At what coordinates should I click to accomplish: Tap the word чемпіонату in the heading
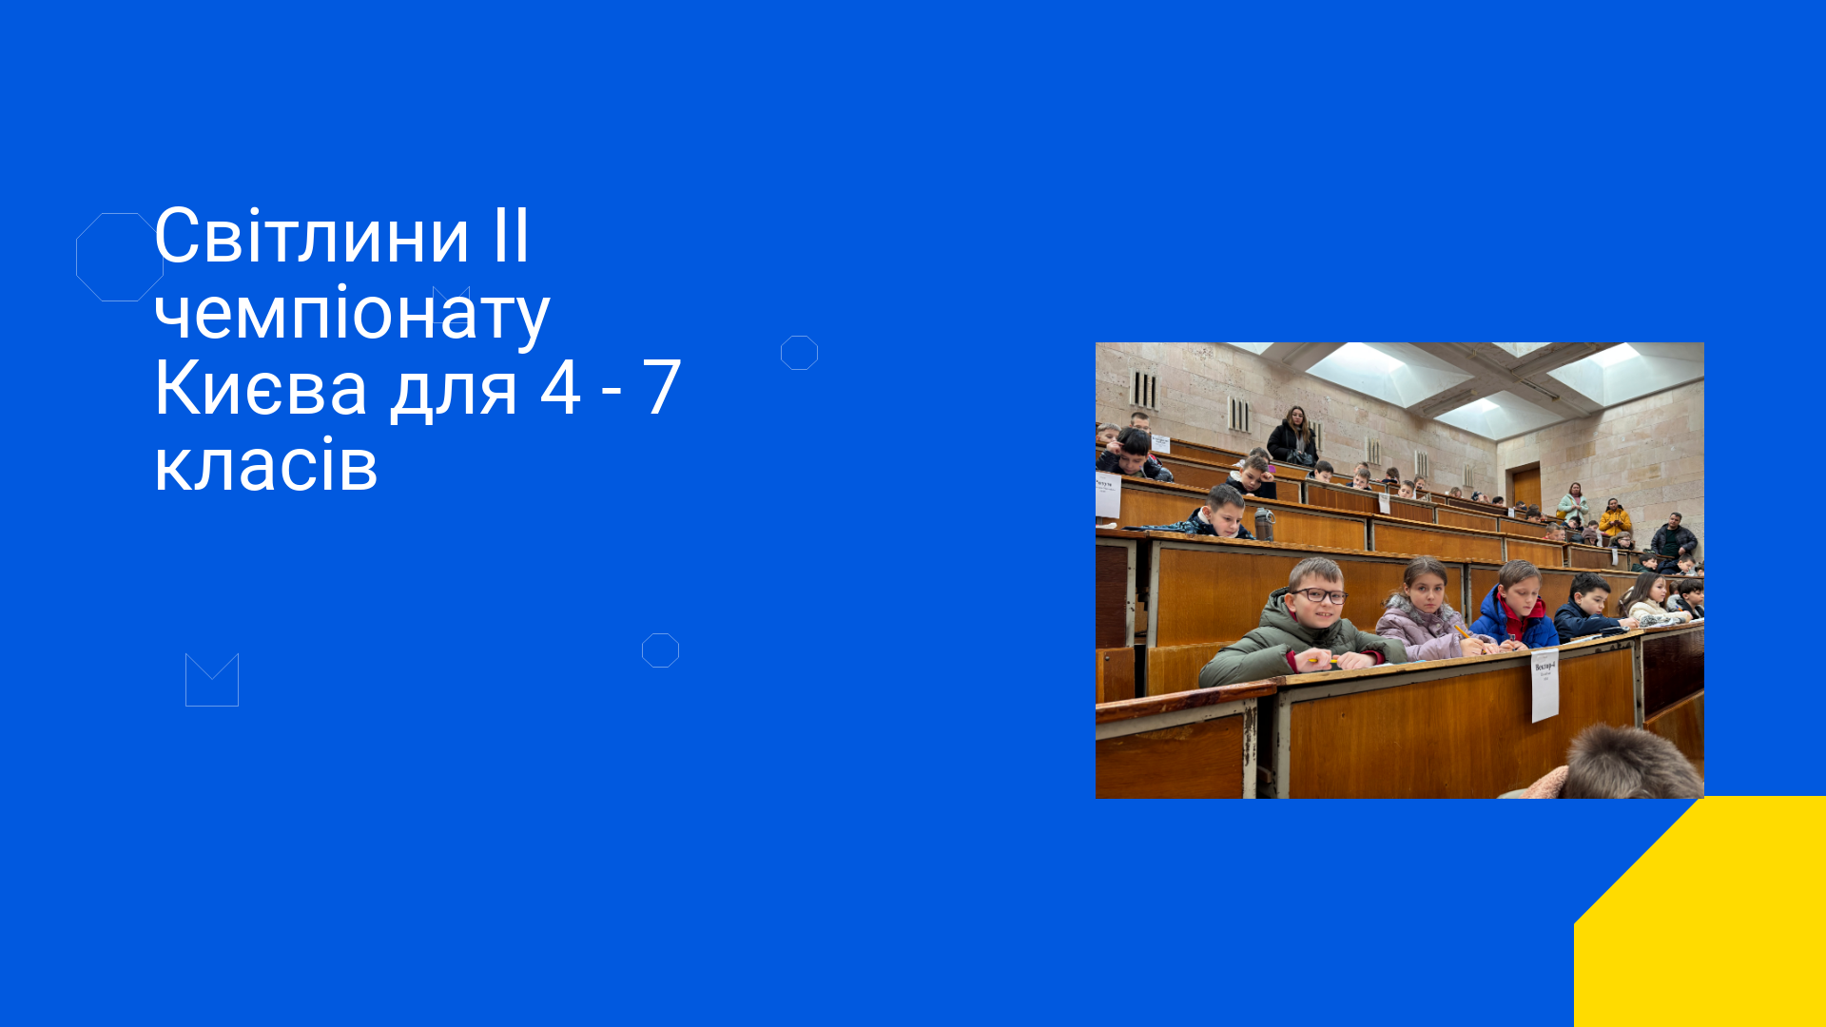click(x=352, y=314)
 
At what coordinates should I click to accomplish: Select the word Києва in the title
click(x=261, y=388)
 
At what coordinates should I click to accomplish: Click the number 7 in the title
click(x=662, y=388)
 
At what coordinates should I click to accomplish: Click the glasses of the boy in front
click(x=1318, y=595)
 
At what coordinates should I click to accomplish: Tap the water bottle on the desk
click(x=1263, y=524)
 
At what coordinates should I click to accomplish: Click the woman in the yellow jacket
click(x=1614, y=519)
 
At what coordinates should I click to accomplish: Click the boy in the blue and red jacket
click(x=1516, y=605)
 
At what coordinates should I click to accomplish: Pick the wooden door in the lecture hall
click(x=1526, y=486)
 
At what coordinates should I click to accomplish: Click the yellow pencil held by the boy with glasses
click(x=1322, y=659)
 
